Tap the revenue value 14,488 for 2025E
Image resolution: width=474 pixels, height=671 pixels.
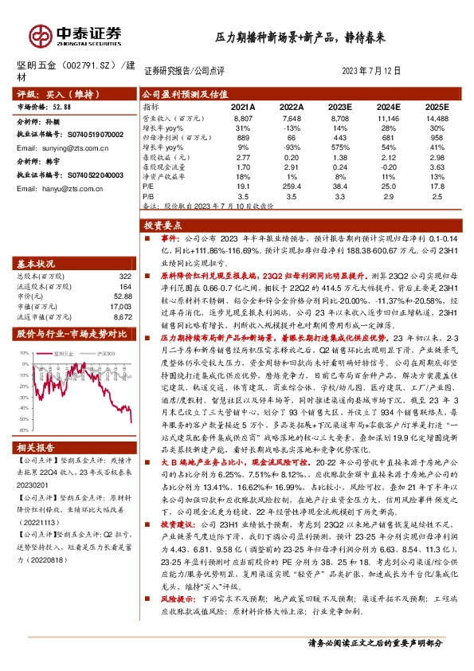click(x=437, y=117)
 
